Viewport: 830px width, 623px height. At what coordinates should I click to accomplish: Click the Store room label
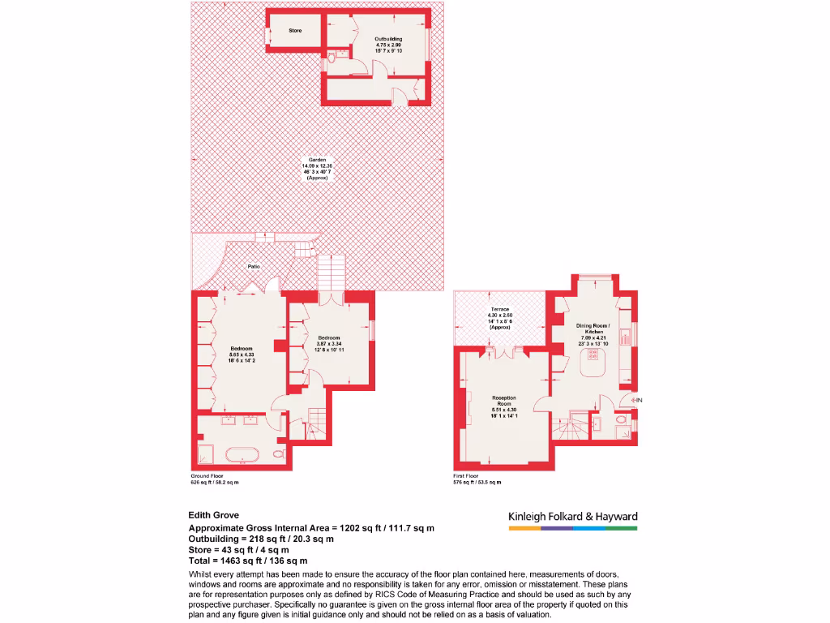[x=295, y=31]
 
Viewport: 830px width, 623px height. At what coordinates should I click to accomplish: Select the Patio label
[x=254, y=266]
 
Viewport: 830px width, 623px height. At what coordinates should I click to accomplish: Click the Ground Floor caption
[x=207, y=475]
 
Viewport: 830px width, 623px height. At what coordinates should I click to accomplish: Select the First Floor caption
[x=466, y=475]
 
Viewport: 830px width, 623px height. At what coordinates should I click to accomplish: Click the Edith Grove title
[x=215, y=514]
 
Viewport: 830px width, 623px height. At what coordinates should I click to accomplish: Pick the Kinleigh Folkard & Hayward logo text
[x=572, y=517]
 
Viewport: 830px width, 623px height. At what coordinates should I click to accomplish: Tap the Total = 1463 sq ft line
[x=248, y=561]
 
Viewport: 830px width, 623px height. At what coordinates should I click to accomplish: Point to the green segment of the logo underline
[x=622, y=528]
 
